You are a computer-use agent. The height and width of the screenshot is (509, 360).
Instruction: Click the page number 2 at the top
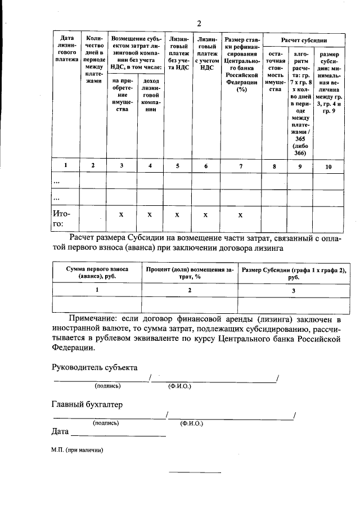199,23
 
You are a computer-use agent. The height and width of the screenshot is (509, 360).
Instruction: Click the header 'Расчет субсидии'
304,39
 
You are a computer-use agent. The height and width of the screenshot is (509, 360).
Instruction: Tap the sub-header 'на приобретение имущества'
121,94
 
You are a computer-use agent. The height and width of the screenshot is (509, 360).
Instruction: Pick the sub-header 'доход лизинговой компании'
150,94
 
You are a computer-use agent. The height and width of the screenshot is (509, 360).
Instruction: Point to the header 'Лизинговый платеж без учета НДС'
178,51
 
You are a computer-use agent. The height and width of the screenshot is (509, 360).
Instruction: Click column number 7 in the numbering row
241,165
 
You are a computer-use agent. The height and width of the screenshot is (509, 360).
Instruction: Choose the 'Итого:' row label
61,219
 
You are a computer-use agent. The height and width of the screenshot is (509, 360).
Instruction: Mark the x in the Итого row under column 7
241,214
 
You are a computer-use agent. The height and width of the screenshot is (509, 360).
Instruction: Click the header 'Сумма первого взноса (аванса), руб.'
97,273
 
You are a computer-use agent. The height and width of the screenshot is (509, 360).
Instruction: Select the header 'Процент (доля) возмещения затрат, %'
189,273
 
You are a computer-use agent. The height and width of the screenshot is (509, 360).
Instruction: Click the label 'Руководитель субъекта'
94,367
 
